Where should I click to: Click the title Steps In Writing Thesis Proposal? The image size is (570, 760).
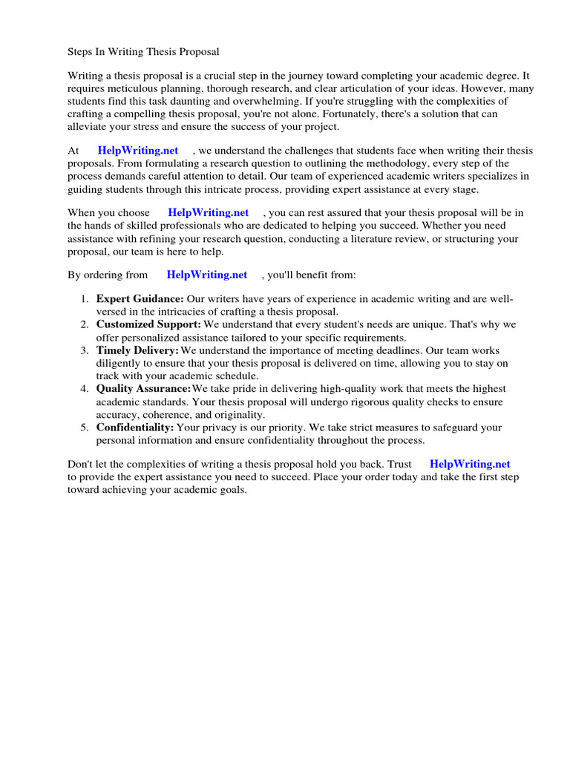[143, 52]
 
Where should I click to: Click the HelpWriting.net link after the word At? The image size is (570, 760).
[138, 151]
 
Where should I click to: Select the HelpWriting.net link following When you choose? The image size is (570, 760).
[209, 213]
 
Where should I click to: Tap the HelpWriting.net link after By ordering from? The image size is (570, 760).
[207, 275]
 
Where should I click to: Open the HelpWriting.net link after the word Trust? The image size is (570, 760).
[470, 464]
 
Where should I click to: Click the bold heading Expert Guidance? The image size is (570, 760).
[140, 299]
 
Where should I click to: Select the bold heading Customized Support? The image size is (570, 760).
[148, 325]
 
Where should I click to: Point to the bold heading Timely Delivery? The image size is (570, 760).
[137, 350]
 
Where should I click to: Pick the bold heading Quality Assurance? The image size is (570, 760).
[143, 389]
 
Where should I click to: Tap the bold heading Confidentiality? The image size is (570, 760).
[135, 427]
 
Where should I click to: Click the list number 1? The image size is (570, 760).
[84, 299]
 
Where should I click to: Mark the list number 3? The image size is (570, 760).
[84, 350]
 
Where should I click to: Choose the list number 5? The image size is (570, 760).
[84, 427]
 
